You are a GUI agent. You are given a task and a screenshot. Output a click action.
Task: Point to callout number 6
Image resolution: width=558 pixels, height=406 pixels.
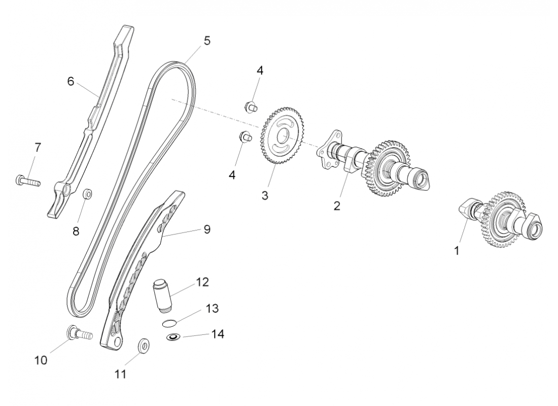(71, 81)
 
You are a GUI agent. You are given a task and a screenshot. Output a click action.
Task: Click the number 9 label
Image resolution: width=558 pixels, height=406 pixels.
(206, 229)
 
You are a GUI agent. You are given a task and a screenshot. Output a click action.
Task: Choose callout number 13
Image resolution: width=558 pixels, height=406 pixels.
(212, 308)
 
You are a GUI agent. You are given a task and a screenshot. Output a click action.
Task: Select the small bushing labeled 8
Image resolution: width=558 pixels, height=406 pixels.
(88, 194)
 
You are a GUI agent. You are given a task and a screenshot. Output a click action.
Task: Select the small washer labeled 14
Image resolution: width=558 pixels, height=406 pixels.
(173, 337)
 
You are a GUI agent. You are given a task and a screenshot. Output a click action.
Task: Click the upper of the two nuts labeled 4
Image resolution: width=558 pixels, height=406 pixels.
(250, 107)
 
